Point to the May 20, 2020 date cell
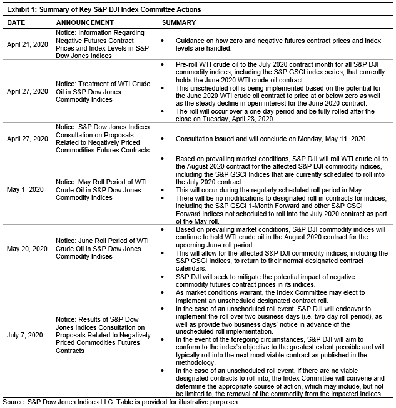pos(25,249)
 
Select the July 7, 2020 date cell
pos(25,334)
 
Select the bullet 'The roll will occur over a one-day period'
pos(269,115)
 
